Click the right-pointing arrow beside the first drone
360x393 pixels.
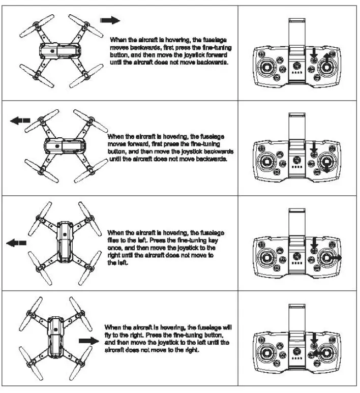click(x=110, y=20)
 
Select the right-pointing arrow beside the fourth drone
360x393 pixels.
click(x=88, y=340)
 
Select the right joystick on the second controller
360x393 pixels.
click(x=324, y=164)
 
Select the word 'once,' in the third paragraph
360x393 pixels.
click(x=115, y=248)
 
